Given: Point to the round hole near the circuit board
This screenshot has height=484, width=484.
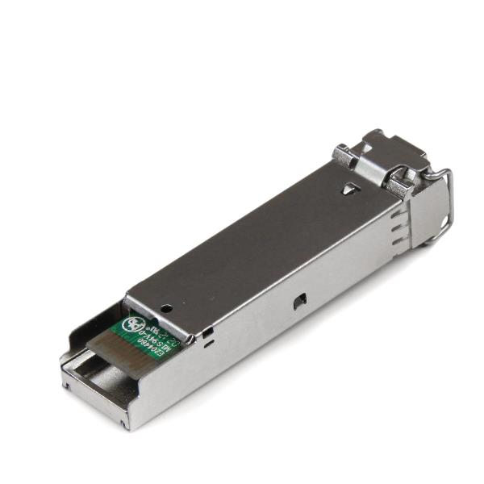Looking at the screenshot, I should click(166, 308).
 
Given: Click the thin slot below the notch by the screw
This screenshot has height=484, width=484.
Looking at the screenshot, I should click(208, 344).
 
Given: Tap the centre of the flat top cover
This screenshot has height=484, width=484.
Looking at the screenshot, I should click(266, 242).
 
